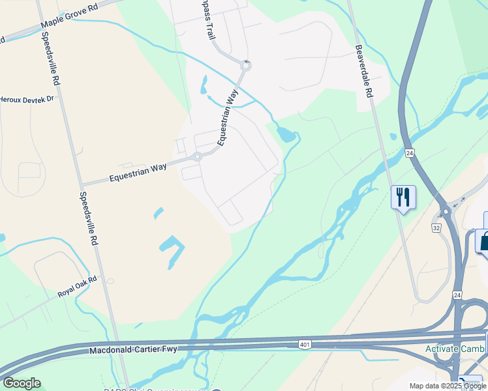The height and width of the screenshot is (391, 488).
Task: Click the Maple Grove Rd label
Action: pyautogui.click(x=69, y=16)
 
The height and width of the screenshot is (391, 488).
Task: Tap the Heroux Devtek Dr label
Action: pyautogui.click(x=27, y=100)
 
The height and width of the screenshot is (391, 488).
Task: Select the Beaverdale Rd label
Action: pyautogui.click(x=364, y=72)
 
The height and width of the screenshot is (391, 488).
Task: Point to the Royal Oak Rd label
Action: pyautogui.click(x=76, y=287)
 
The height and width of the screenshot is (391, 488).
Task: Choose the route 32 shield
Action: pyautogui.click(x=436, y=227)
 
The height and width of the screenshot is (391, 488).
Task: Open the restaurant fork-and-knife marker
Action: pyautogui.click(x=403, y=197)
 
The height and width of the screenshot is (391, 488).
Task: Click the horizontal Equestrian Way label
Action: pyautogui.click(x=138, y=172)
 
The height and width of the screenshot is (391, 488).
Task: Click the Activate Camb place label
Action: pyautogui.click(x=454, y=349)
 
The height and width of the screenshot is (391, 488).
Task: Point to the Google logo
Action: pyautogui.click(x=22, y=383)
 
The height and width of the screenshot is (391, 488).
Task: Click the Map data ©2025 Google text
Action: pyautogui.click(x=447, y=386)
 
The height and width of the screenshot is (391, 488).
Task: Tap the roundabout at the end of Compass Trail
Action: pyautogui.click(x=246, y=65)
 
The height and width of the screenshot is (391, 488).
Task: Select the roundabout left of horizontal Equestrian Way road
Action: pyautogui.click(x=197, y=157)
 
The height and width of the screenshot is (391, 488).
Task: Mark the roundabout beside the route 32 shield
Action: pyautogui.click(x=446, y=211)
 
